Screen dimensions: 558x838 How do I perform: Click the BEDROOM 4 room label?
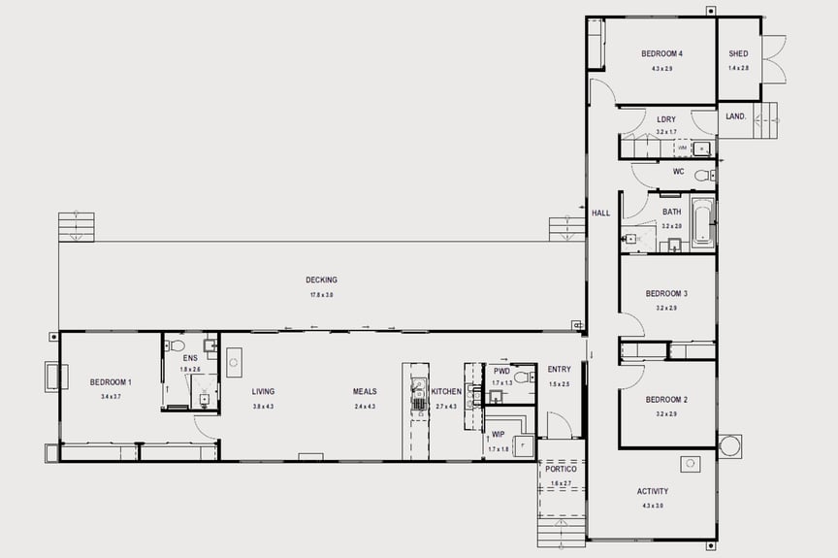662,54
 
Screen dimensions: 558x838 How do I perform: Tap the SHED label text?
738,54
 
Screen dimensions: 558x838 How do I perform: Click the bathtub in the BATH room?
702,225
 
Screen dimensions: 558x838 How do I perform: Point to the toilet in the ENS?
177,345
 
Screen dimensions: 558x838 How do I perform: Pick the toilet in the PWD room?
521,377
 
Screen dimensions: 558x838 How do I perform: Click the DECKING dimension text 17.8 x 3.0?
322,294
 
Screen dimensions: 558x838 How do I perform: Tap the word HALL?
601,213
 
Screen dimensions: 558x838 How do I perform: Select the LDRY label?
666,119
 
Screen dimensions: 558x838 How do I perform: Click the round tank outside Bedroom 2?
729,445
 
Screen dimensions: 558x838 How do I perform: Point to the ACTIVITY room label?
653,491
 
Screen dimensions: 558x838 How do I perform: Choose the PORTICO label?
562,469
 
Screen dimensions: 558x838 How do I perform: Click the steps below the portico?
562,532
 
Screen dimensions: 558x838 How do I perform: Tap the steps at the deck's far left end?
76,227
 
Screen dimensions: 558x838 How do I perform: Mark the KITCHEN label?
446,392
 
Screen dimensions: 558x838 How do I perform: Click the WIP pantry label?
499,435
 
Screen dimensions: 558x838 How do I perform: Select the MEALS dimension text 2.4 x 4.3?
365,406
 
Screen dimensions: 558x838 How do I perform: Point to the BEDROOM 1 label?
111,382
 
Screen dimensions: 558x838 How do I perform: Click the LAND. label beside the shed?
736,116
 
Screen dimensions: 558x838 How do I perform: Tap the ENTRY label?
560,370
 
